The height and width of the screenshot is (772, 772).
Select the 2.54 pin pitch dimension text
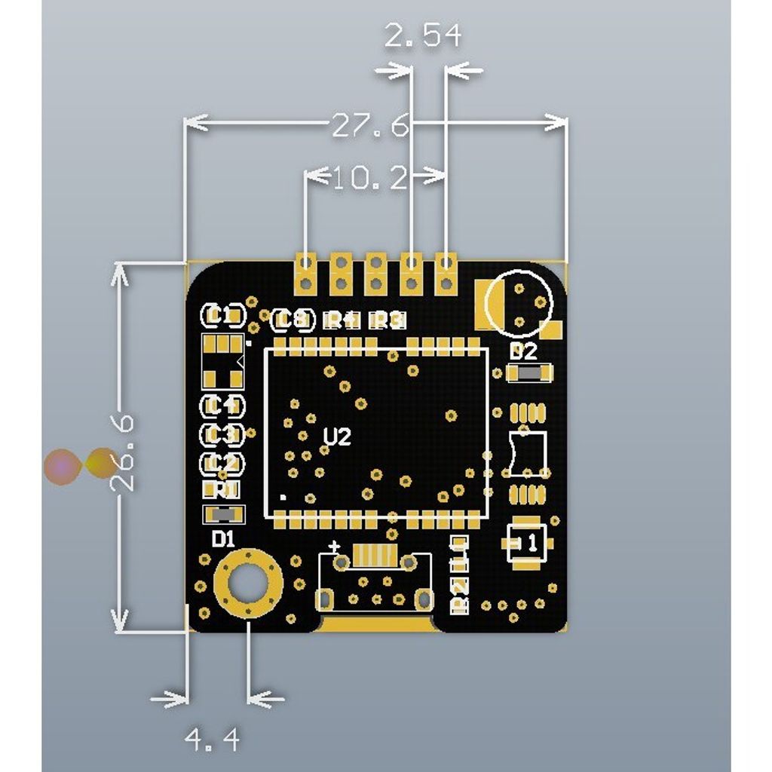click(x=422, y=35)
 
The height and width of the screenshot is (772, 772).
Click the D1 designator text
click(x=224, y=539)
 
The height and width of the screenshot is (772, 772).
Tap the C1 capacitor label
click(x=223, y=315)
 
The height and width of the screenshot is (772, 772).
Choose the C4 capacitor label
click(x=222, y=406)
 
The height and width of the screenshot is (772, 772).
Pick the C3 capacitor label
click(x=222, y=434)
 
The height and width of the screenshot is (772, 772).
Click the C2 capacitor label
click(x=222, y=462)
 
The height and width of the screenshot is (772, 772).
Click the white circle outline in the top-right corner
click(x=519, y=302)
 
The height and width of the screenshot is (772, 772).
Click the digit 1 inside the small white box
click(x=531, y=542)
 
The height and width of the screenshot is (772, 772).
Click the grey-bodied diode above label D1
click(x=225, y=515)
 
